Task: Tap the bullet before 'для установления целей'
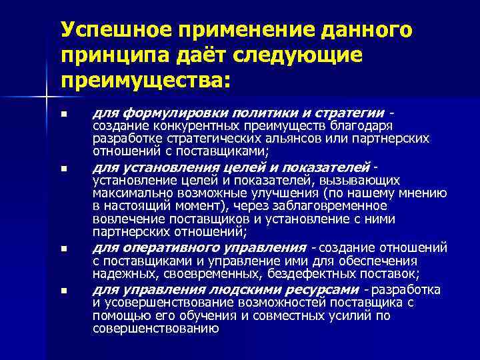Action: point(63,169)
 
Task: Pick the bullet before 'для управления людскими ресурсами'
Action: point(63,291)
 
